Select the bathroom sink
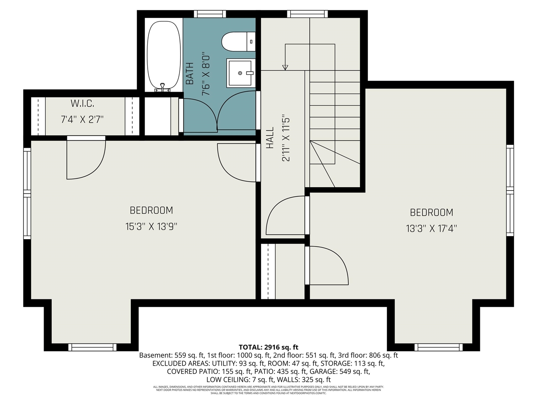pyautogui.click(x=240, y=73)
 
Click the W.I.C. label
pyautogui.click(x=82, y=103)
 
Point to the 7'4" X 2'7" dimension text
pyautogui.click(x=82, y=120)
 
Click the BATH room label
pyautogui.click(x=190, y=73)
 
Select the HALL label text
pyautogui.click(x=270, y=138)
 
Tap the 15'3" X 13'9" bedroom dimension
pyautogui.click(x=151, y=227)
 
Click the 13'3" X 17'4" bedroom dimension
pyautogui.click(x=431, y=229)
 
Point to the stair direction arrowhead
pyautogui.click(x=285, y=67)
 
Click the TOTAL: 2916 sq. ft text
pyautogui.click(x=268, y=347)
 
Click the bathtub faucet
pyautogui.click(x=162, y=88)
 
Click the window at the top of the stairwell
pyautogui.click(x=307, y=14)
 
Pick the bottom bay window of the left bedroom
pyautogui.click(x=92, y=347)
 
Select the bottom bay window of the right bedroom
pyautogui.click(x=438, y=347)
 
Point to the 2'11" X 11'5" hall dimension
pyautogui.click(x=286, y=138)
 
